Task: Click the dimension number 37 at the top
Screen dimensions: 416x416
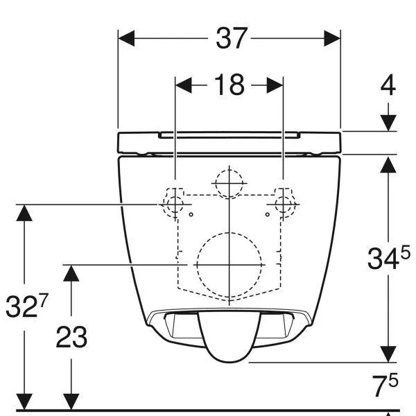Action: pyautogui.click(x=232, y=38)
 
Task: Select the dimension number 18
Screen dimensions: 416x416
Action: pyautogui.click(x=229, y=85)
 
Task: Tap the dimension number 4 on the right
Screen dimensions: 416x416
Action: pyautogui.click(x=388, y=85)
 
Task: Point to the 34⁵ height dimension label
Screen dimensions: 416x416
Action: pyautogui.click(x=389, y=258)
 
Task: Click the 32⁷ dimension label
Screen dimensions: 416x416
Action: pyautogui.click(x=27, y=306)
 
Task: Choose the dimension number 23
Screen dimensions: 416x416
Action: pyautogui.click(x=71, y=337)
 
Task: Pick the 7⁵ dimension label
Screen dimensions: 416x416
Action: pyautogui.click(x=385, y=385)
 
